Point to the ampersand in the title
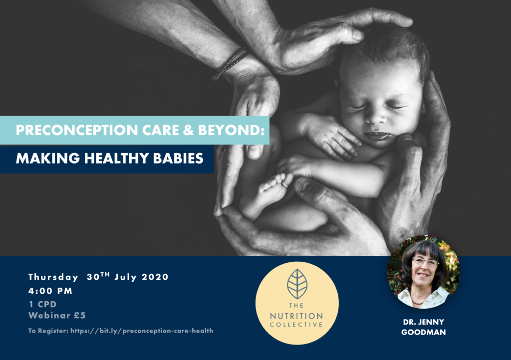click(x=188, y=130)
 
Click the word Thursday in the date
click(x=53, y=277)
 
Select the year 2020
click(x=155, y=277)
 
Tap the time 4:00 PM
click(x=50, y=291)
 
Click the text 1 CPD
click(x=43, y=304)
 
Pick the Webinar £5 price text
click(x=57, y=316)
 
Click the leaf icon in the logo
click(x=297, y=284)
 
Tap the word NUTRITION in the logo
click(x=296, y=316)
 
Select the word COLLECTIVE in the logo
click(x=296, y=325)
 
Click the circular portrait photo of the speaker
click(x=423, y=272)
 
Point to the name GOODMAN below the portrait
click(x=423, y=333)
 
